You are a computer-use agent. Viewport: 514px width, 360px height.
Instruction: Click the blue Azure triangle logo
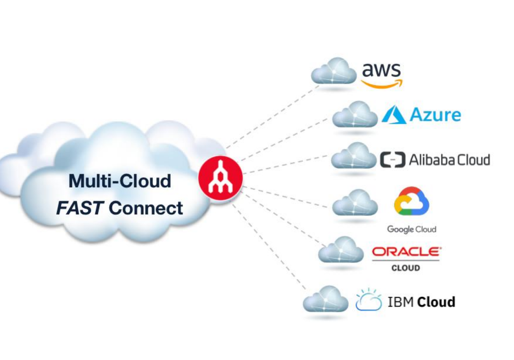point(394,115)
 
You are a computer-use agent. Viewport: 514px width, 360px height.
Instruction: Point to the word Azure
point(435,115)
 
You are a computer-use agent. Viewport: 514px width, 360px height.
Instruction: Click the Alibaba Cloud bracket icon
point(392,160)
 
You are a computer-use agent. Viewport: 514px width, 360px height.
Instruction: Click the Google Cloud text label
point(412,229)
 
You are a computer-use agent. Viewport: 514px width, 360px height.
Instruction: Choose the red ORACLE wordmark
point(405,252)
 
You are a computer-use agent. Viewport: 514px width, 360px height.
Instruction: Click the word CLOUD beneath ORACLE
point(405,267)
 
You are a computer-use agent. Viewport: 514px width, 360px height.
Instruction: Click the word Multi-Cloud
point(119,181)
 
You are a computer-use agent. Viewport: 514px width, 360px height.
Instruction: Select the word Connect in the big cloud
point(146,208)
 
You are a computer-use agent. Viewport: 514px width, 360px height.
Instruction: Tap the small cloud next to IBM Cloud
point(326,299)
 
